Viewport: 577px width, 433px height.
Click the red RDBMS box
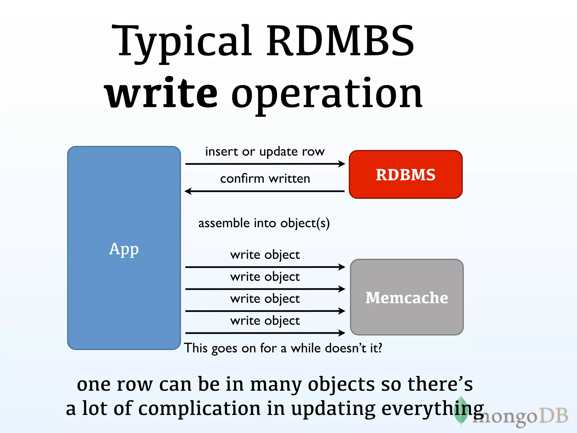[x=405, y=174]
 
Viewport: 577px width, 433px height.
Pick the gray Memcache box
[x=407, y=297]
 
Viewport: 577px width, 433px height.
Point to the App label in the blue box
[x=124, y=249]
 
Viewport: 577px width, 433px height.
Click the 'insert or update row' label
[x=265, y=152]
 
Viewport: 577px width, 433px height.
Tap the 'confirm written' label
[x=265, y=179]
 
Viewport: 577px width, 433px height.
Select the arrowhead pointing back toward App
[x=188, y=191]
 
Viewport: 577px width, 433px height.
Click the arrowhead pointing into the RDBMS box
[x=342, y=164]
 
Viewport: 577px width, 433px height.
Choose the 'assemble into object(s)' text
[x=264, y=223]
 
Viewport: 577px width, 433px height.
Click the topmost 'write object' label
[x=265, y=255]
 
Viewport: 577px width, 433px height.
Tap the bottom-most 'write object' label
[x=265, y=321]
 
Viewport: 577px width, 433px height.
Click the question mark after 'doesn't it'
[x=380, y=348]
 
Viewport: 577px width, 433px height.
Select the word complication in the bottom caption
[x=199, y=409]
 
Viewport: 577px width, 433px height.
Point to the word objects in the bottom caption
[x=341, y=385]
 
